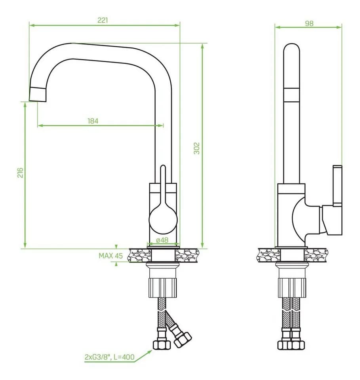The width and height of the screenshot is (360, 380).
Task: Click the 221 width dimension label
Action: pyautogui.click(x=103, y=20)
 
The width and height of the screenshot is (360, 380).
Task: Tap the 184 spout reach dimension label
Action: pyautogui.click(x=93, y=121)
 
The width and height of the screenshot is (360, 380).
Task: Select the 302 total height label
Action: pyautogui.click(x=196, y=148)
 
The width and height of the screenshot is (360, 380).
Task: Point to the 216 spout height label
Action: pyautogui.click(x=20, y=173)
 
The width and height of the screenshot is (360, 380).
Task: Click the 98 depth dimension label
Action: pyautogui.click(x=309, y=23)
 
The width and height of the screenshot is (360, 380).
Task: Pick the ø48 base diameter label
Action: pyautogui.click(x=162, y=240)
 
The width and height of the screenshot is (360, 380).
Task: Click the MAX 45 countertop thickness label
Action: pyautogui.click(x=110, y=256)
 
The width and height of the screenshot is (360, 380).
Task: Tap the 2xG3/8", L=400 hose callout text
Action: pyautogui.click(x=110, y=357)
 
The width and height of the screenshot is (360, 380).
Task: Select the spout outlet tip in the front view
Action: pyautogui.click(x=38, y=94)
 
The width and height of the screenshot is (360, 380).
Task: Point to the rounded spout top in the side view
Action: pyautogui.click(x=291, y=48)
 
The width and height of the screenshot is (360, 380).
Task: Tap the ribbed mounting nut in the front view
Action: pyautogui.click(x=163, y=288)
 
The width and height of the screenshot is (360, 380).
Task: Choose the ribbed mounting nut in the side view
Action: pyautogui.click(x=292, y=288)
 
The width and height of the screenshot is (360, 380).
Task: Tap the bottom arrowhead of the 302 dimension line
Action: pyautogui.click(x=203, y=245)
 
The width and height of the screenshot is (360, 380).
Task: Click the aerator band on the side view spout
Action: pyautogui.click(x=291, y=95)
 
